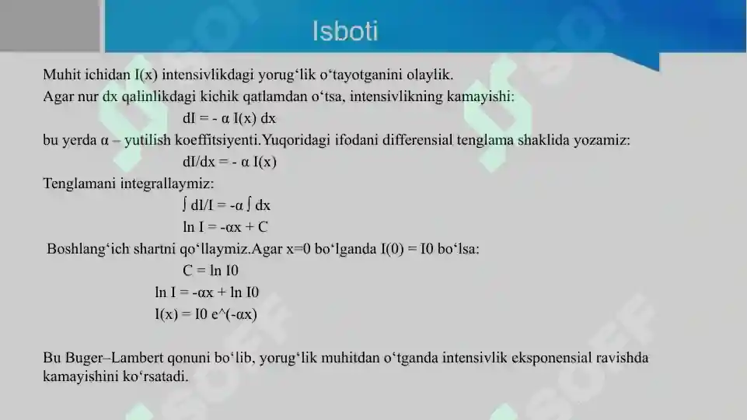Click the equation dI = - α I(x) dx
(229, 119)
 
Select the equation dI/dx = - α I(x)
(229, 163)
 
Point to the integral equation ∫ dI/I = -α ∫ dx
(226, 205)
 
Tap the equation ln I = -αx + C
(225, 227)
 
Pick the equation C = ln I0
(211, 271)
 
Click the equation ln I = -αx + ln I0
(207, 292)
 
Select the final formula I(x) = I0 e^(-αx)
(206, 314)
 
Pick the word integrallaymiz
(166, 184)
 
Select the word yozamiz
(604, 141)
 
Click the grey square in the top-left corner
(50, 26)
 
